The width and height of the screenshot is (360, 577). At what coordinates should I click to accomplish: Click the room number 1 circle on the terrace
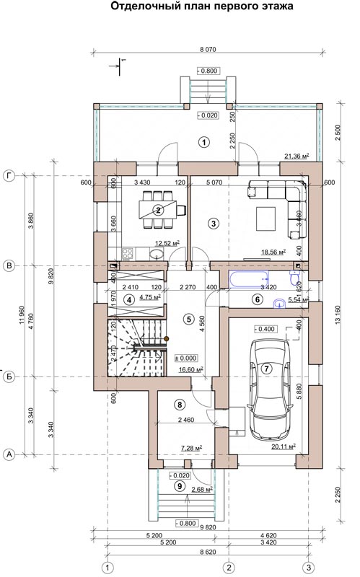(203, 142)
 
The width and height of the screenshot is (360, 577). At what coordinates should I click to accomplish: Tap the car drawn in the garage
(271, 389)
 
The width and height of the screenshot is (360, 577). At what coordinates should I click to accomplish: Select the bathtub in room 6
(248, 279)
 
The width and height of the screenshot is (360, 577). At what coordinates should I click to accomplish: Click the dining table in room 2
(158, 210)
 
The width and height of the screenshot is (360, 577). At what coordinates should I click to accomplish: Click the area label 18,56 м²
(273, 252)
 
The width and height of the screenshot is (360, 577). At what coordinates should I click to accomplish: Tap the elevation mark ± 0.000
(186, 358)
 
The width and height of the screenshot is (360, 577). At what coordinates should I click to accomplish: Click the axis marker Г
(9, 176)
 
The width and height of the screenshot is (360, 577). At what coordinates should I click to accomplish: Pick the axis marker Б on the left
(9, 376)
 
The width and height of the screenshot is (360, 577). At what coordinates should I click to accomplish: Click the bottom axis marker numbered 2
(229, 567)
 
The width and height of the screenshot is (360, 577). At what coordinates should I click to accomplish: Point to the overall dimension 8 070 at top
(208, 49)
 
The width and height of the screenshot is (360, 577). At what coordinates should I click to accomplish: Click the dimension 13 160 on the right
(338, 314)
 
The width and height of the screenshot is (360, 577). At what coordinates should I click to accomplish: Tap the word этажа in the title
(276, 6)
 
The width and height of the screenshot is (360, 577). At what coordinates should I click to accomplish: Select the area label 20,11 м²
(284, 446)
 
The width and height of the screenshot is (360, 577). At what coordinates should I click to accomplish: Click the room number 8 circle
(180, 405)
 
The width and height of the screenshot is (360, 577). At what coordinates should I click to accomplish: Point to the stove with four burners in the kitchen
(128, 253)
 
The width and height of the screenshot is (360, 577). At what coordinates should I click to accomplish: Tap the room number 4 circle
(129, 300)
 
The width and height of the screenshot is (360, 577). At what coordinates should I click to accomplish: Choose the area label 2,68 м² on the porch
(202, 490)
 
